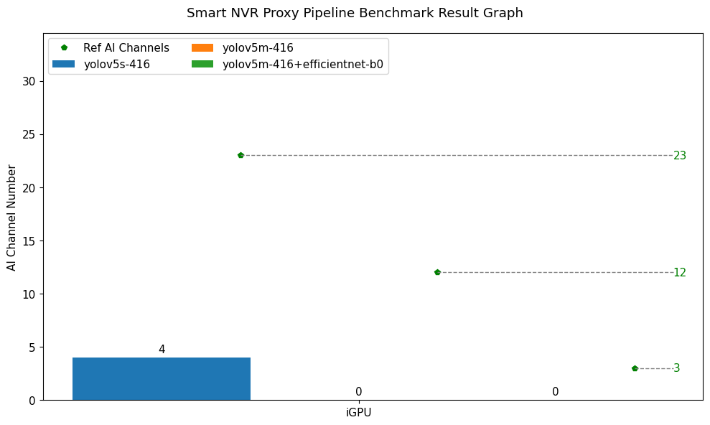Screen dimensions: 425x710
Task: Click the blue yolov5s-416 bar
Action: coord(162,378)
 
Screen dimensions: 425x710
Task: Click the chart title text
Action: coord(355,13)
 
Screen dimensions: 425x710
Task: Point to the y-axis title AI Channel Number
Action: coord(11,218)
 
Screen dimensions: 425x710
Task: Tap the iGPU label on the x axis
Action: coord(358,413)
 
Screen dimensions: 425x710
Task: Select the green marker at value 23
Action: coord(240,155)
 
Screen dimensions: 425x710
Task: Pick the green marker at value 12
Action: coord(437,272)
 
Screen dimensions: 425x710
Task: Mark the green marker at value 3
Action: coord(635,368)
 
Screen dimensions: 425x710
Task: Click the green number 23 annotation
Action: coord(680,156)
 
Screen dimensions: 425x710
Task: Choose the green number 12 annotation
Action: coord(680,273)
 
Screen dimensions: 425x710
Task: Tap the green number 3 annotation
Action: coord(676,368)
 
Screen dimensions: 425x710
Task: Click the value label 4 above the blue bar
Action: coord(162,350)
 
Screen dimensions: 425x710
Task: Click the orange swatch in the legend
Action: coord(202,48)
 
